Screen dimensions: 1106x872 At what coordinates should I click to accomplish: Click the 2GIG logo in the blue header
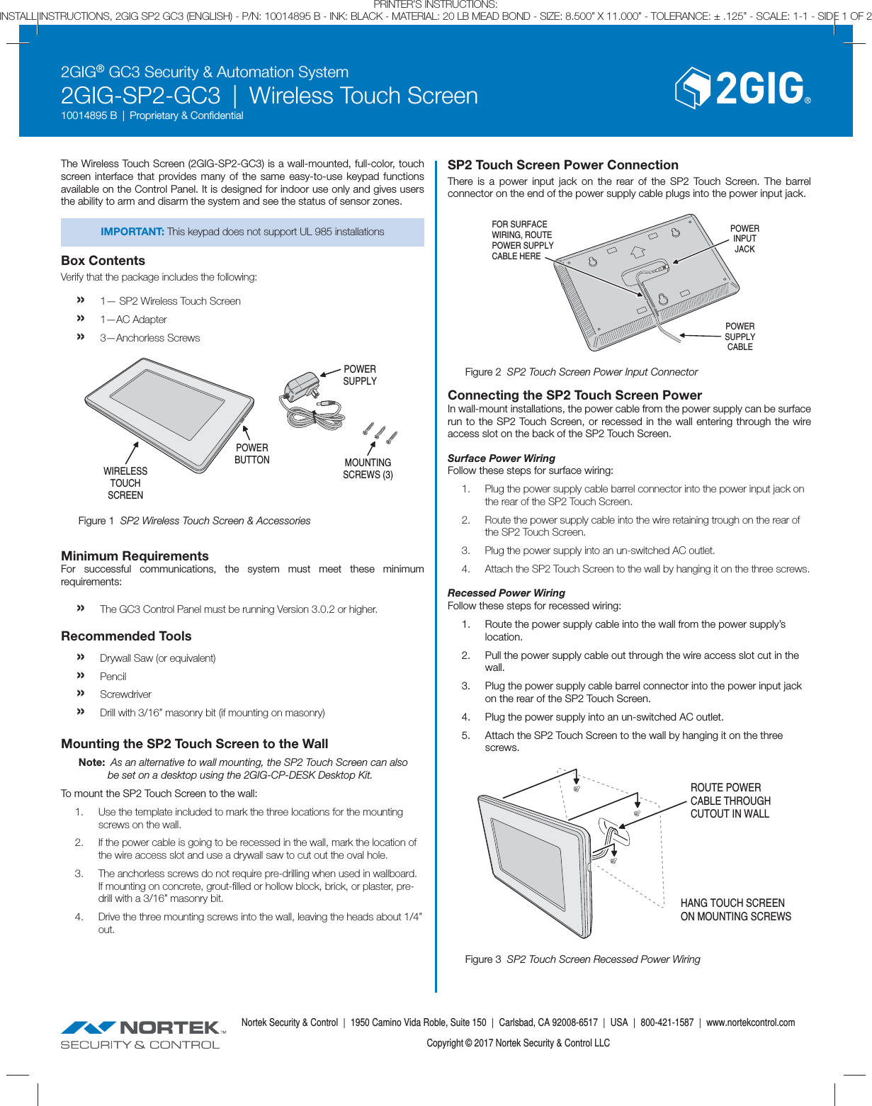742,89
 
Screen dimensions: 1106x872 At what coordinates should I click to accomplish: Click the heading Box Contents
103,261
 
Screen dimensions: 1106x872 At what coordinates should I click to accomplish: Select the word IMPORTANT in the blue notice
132,232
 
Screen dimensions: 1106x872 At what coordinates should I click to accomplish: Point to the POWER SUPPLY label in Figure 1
360,375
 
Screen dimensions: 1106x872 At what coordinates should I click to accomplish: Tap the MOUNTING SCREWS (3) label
368,468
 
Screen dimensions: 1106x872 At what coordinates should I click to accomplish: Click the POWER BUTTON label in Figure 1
252,453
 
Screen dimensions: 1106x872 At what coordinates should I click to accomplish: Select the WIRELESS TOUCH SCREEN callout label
125,483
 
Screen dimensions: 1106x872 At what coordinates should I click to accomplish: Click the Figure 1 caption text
194,521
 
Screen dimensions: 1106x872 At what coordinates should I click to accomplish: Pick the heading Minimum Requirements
135,556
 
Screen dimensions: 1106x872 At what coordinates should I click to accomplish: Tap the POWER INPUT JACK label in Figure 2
744,239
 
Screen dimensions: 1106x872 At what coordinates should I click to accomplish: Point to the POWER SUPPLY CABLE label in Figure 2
740,337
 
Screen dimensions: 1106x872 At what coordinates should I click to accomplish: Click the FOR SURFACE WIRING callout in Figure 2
522,240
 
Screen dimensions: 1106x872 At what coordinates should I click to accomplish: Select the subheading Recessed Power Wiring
506,593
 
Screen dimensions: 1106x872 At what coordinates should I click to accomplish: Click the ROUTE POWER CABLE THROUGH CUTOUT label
730,801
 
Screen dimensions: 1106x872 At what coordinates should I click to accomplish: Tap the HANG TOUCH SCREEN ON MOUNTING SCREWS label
735,910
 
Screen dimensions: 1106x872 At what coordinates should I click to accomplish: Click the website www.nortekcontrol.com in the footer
750,1022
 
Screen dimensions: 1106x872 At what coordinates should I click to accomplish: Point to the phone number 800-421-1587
667,1022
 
